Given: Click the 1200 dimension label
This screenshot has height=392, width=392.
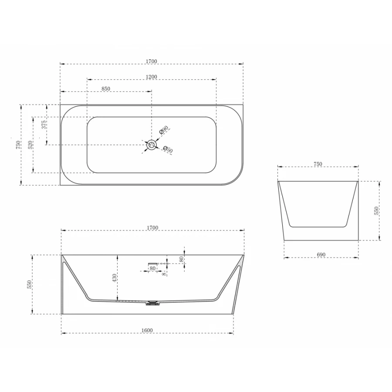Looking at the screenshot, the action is (152, 77).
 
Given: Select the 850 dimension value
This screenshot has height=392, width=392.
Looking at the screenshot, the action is (106, 89).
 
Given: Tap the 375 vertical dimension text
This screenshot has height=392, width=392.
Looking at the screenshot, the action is (44, 125).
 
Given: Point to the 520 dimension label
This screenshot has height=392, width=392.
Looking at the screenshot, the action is (30, 145).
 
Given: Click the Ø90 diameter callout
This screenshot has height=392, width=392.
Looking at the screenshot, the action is (164, 130).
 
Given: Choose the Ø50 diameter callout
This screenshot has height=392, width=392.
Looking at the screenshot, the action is (168, 149).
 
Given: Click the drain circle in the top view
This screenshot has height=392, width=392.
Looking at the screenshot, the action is (151, 145).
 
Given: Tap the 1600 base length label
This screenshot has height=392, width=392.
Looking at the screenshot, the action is (147, 330).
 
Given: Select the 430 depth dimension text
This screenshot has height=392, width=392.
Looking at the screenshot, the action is (115, 278).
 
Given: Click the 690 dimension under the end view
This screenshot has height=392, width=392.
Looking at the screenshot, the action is (321, 255).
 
